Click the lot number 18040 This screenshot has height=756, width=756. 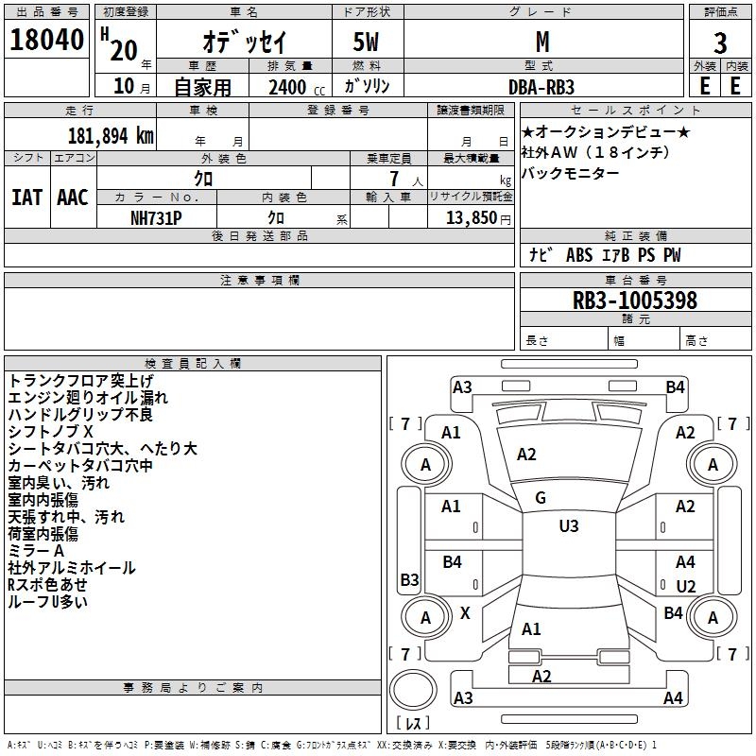[46, 40]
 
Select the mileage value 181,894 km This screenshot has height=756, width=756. [111, 136]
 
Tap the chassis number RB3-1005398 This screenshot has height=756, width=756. [634, 300]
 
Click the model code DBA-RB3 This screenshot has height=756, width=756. [541, 87]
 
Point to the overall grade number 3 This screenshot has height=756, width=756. [720, 43]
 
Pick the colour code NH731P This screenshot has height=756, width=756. [156, 218]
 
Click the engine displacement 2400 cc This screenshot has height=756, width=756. [297, 87]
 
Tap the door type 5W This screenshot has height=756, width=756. [366, 42]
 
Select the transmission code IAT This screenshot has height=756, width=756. [27, 198]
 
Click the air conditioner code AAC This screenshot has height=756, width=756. [73, 198]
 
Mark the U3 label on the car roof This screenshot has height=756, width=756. [569, 525]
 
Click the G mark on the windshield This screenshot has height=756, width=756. [541, 498]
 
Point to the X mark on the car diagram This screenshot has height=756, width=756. [465, 612]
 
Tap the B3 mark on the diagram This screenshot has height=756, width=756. [409, 579]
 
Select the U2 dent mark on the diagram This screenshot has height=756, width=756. [686, 586]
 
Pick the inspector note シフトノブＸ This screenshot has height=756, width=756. [50, 432]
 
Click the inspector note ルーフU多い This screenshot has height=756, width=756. [48, 601]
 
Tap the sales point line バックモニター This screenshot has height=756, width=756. [570, 173]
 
